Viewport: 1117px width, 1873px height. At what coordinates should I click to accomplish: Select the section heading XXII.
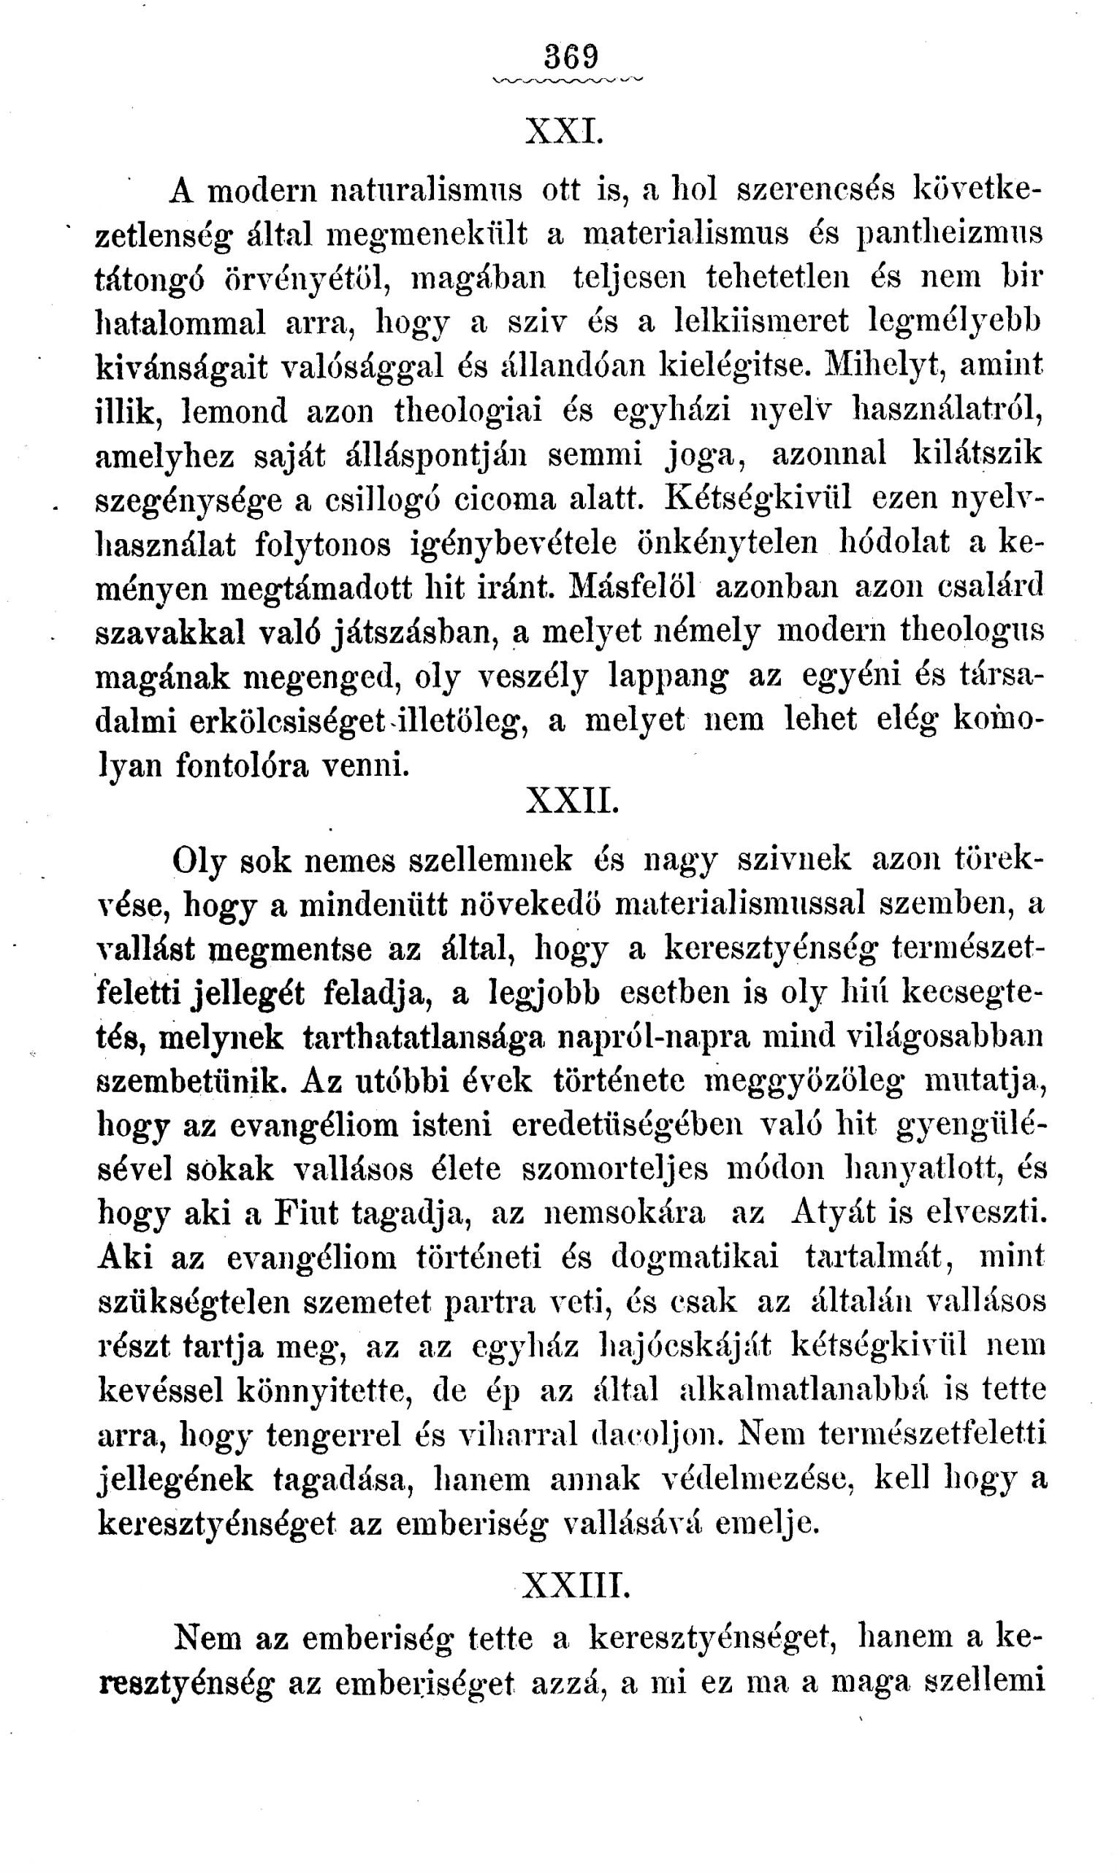click(571, 803)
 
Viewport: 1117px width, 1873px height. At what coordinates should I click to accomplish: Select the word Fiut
click(306, 1213)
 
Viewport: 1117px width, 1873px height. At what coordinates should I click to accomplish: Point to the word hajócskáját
click(684, 1346)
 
